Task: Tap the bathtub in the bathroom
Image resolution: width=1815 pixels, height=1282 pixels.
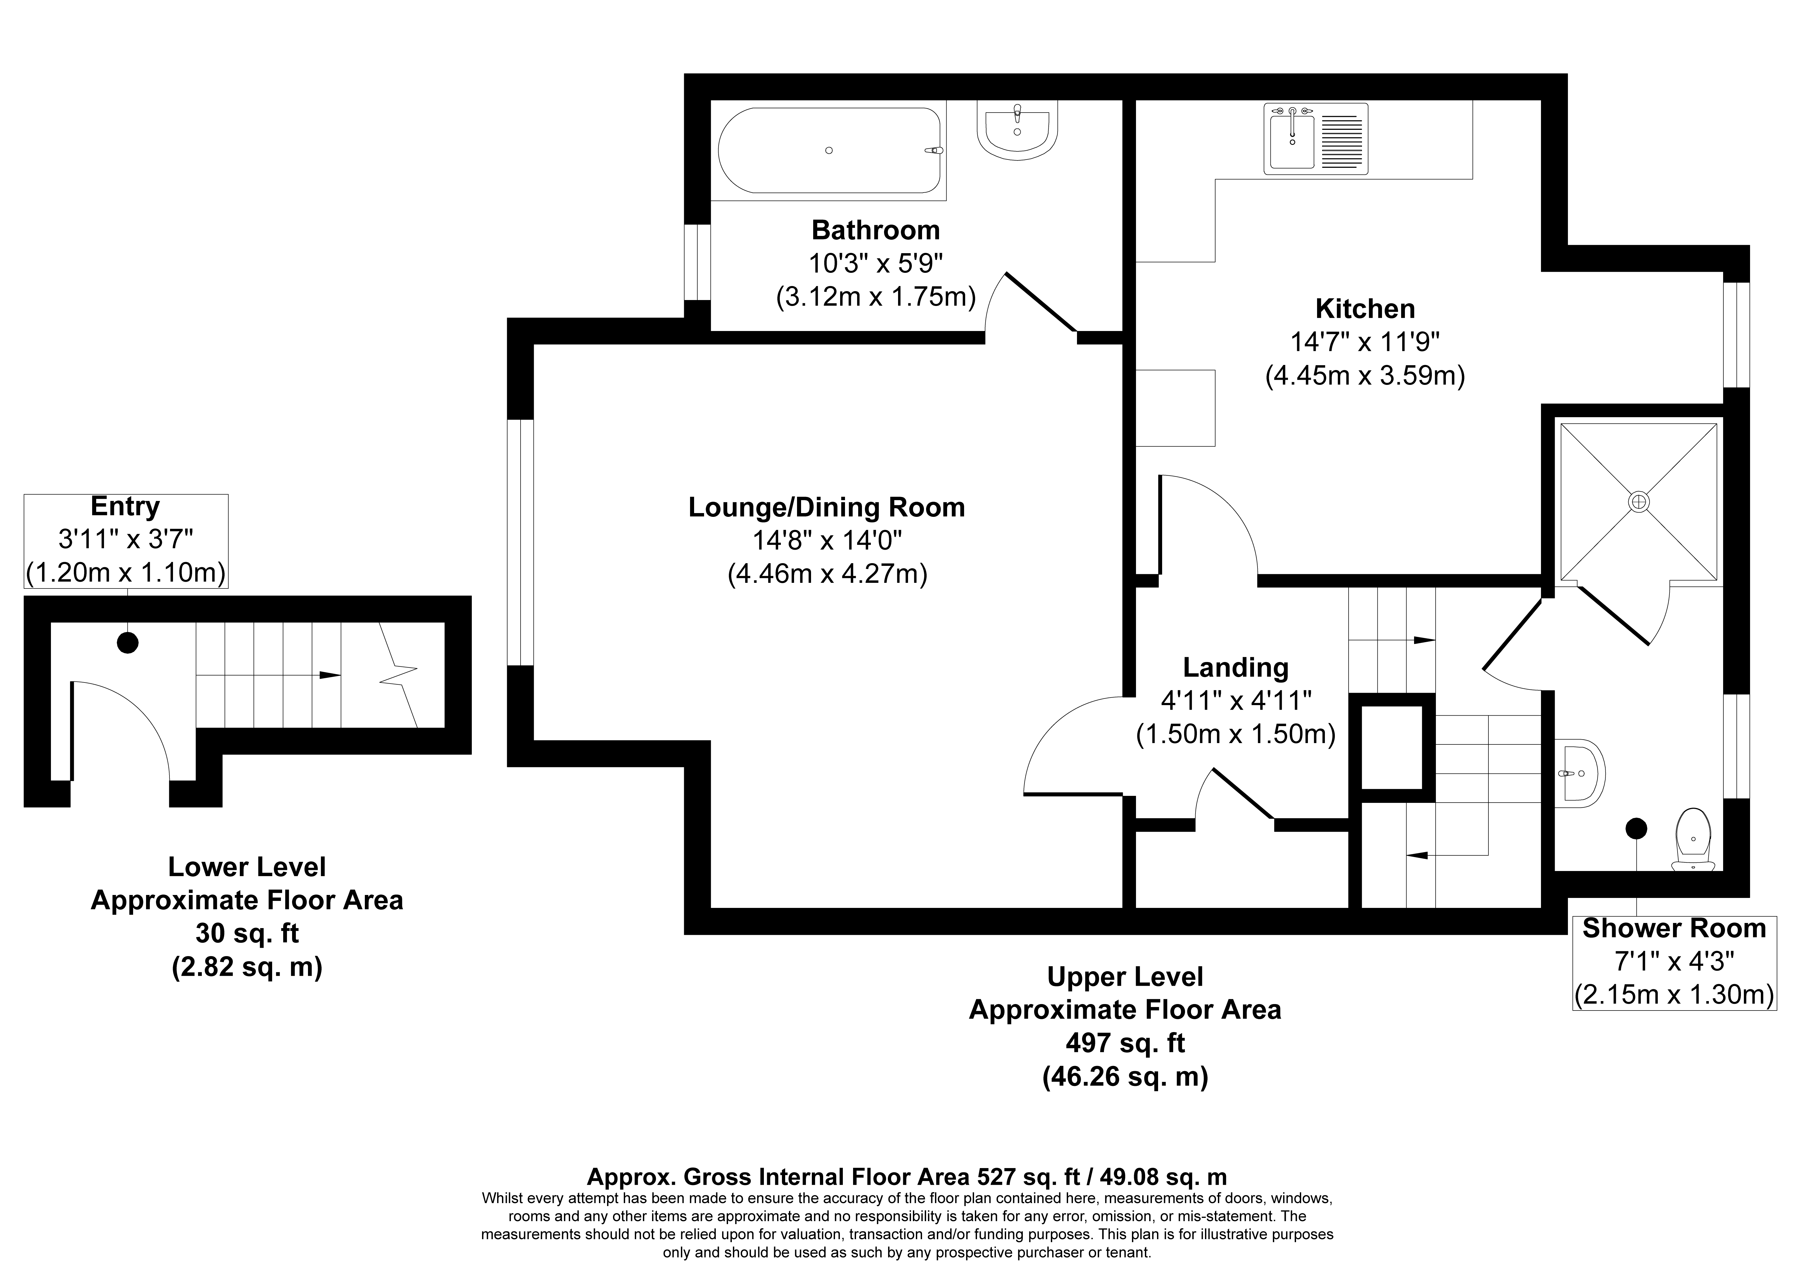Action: [830, 150]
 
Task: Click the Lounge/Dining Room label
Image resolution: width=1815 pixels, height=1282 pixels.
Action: [827, 507]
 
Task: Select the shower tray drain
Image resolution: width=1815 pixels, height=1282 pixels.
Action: [1639, 501]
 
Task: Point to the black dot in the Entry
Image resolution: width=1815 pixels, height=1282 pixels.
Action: [127, 643]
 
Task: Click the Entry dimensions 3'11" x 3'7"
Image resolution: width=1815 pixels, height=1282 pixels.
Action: [126, 539]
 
